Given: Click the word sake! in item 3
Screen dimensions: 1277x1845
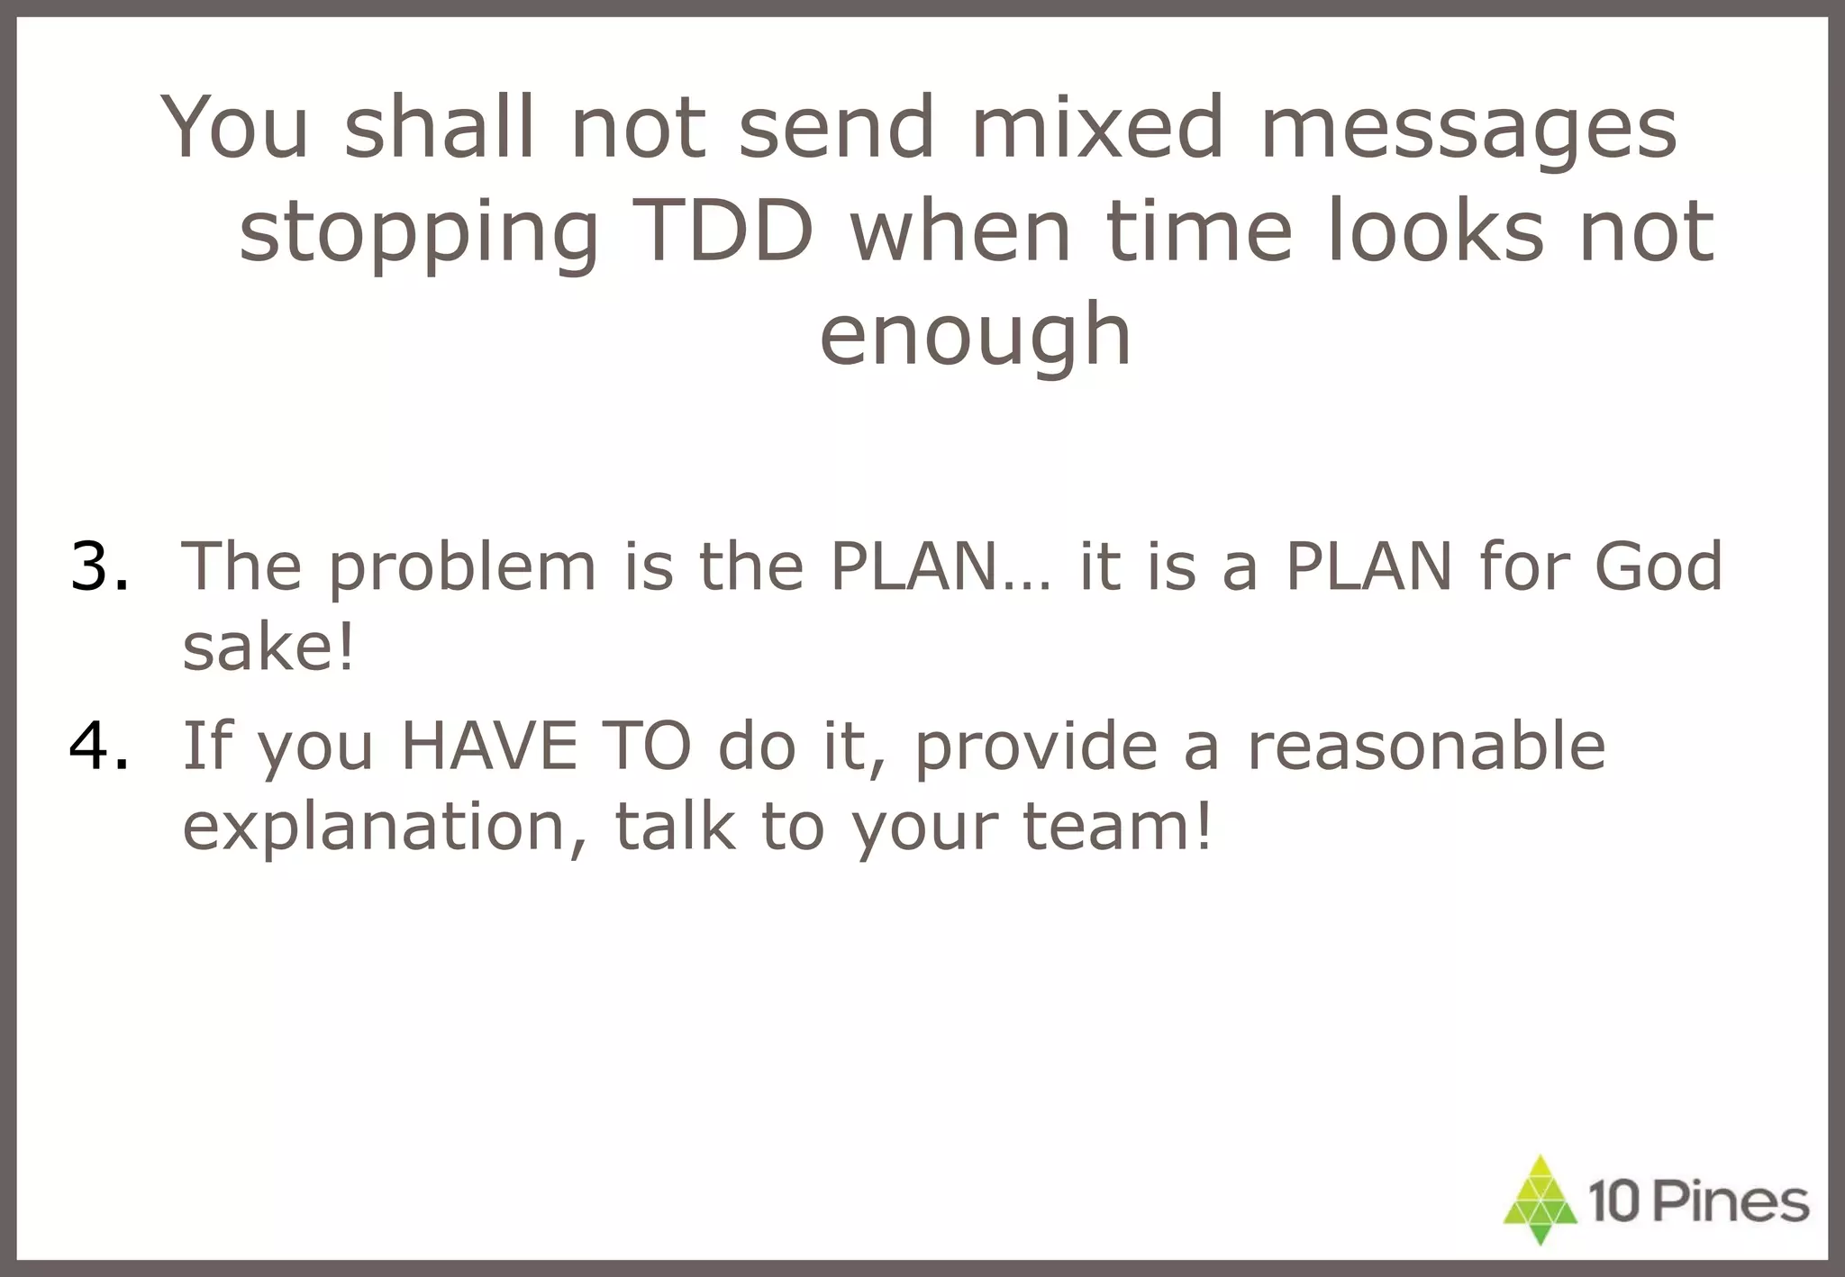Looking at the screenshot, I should [268, 647].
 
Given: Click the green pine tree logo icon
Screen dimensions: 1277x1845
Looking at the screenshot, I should [1541, 1200].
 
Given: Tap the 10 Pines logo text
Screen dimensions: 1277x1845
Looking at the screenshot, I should [1698, 1202].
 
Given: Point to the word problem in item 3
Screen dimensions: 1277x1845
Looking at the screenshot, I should [461, 567].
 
